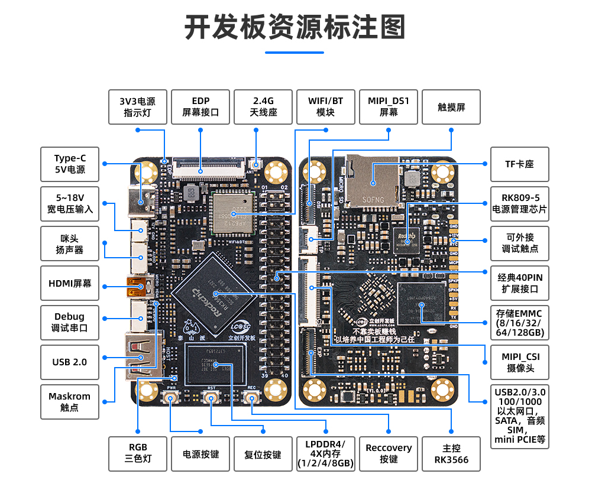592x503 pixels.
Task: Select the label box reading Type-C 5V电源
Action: coord(70,164)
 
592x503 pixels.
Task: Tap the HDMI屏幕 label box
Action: coord(70,283)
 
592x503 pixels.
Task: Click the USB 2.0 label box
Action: coord(70,362)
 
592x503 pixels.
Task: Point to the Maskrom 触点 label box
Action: coord(70,402)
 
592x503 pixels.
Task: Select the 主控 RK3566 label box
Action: coord(451,454)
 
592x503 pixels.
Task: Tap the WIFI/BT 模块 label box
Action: coord(326,107)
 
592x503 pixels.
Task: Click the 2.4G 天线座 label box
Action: coord(263,107)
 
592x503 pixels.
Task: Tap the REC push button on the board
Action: coord(252,399)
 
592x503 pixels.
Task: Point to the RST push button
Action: coord(211,399)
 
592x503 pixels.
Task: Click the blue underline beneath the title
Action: coord(295,53)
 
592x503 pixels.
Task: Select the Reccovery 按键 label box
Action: coord(389,454)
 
